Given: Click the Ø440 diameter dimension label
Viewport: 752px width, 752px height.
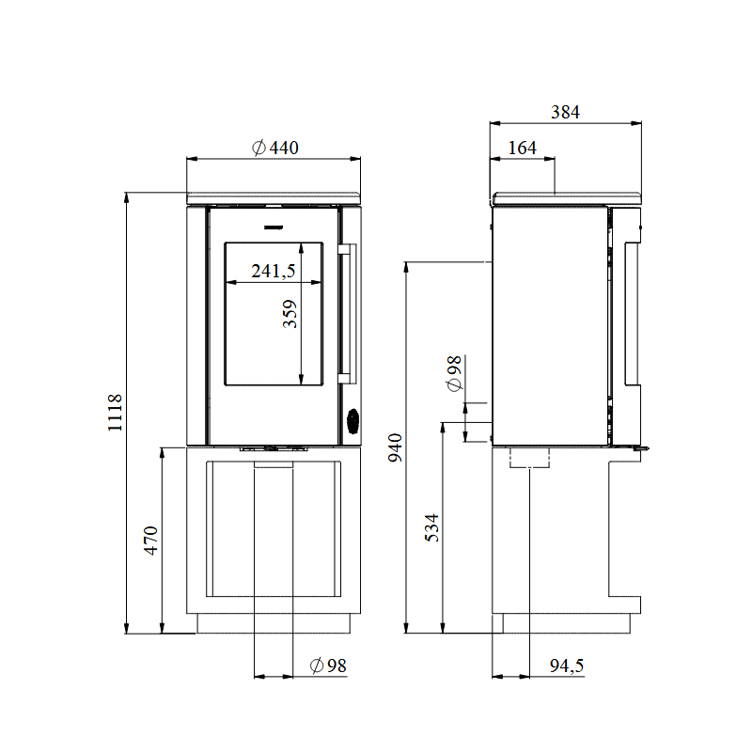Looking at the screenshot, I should [x=275, y=148].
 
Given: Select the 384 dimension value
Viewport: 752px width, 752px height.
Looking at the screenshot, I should [x=565, y=112].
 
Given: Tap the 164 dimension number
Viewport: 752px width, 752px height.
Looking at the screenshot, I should [x=522, y=148].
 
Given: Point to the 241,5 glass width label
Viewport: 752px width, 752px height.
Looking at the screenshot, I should [x=274, y=272].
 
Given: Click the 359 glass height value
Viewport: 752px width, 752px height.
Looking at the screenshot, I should [x=290, y=314].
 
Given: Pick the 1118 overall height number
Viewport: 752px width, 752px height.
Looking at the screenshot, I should [x=115, y=413].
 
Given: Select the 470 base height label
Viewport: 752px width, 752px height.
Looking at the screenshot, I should [x=151, y=542].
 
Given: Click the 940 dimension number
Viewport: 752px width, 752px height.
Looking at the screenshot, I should [x=395, y=448].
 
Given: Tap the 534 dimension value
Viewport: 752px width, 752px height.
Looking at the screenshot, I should [x=432, y=529].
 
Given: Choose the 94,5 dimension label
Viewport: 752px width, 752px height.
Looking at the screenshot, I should [x=567, y=666].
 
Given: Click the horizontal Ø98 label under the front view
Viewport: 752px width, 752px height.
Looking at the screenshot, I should [x=328, y=666].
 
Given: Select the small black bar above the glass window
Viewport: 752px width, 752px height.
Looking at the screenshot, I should [x=273, y=227].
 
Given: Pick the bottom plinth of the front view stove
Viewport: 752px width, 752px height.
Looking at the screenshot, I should [x=274, y=622].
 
